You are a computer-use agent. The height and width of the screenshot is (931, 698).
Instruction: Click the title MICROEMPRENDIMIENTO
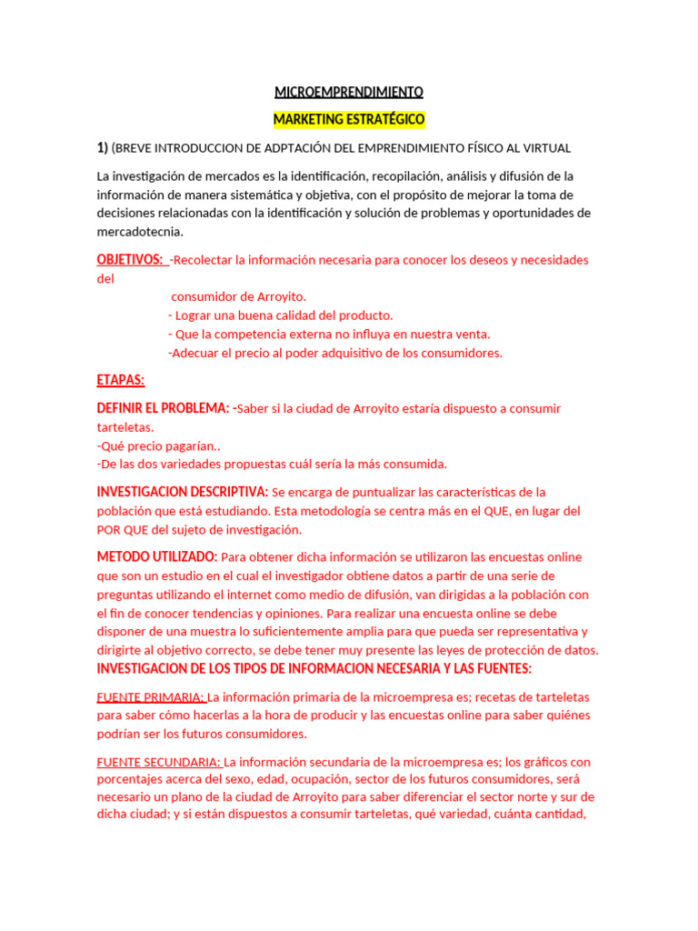349,92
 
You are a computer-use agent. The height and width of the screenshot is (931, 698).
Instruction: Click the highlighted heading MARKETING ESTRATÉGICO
349,119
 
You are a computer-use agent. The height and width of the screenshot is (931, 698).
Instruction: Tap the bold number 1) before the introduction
103,148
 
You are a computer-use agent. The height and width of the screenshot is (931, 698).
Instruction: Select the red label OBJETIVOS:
130,260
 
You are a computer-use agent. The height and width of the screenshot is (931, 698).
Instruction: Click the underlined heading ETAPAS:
120,380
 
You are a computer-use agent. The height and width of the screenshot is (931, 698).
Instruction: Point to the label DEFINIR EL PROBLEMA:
163,408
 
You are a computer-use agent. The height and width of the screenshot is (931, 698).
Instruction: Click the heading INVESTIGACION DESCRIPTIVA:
183,492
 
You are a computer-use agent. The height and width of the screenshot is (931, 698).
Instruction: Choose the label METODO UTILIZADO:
157,556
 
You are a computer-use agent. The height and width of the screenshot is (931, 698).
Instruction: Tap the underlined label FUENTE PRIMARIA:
151,697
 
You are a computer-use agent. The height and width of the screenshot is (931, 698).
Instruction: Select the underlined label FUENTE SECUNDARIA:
159,762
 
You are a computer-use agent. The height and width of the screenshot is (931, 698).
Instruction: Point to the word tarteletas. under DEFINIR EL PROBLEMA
125,427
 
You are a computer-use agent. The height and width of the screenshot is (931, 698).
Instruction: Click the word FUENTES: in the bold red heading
499,669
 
